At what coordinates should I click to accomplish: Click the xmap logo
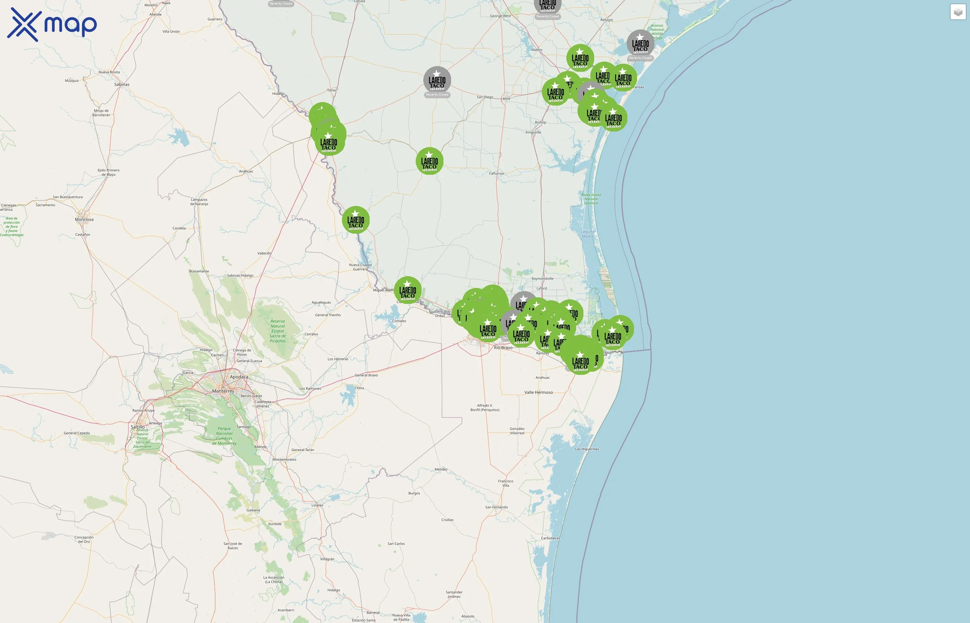point(52,24)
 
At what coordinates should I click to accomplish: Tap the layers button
point(958,12)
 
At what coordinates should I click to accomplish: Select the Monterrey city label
point(223,391)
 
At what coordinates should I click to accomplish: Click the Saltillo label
point(138,427)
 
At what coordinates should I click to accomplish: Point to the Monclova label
point(84,220)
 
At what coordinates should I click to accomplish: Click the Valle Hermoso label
point(538,392)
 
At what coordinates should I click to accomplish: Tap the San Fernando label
point(496,507)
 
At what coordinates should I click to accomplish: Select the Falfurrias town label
point(497,173)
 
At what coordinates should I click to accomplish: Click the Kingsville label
point(533,132)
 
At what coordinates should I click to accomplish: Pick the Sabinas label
point(122,84)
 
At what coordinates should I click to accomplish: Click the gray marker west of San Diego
point(437,80)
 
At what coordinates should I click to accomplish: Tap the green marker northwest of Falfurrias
point(430,161)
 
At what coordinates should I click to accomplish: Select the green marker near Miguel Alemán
point(408,290)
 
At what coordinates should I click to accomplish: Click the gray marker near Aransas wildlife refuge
point(641,43)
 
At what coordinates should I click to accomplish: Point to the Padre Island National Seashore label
point(591,199)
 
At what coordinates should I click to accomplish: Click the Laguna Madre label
point(588,234)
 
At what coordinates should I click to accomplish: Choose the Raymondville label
point(543,279)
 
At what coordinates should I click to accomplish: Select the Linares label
point(317,505)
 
